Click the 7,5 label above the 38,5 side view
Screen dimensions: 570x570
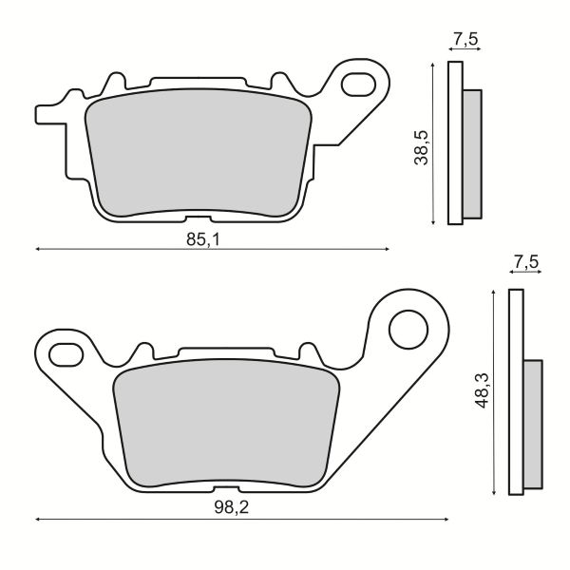465,40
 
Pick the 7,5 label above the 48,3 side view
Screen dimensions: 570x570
525,260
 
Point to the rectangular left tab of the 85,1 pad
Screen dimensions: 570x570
47,114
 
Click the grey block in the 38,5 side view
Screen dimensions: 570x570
472,152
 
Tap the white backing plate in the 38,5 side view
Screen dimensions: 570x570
455,142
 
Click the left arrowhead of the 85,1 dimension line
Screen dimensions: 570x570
38,249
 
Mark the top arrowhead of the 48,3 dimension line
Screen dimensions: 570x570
494,292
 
